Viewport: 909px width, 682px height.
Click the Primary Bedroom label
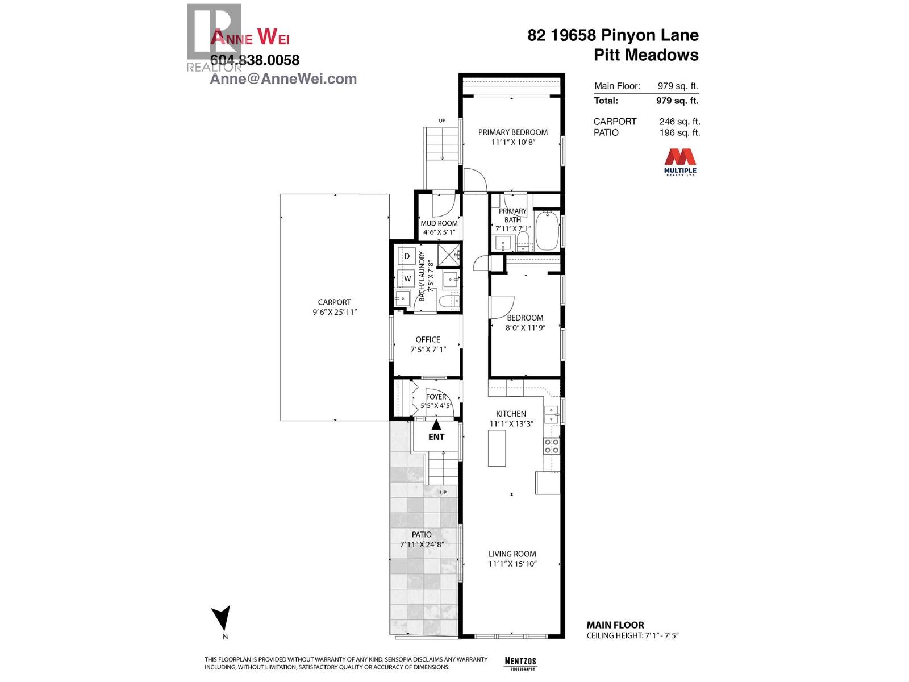click(x=512, y=132)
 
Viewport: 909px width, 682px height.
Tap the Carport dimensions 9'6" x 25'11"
click(x=335, y=312)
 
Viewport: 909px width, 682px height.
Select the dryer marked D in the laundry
click(x=407, y=256)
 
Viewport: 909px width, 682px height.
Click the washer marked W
click(x=407, y=278)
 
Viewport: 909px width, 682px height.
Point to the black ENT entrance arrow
click(x=436, y=424)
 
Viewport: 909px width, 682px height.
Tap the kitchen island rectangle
click(x=497, y=448)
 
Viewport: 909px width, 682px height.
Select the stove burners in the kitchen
click(x=551, y=446)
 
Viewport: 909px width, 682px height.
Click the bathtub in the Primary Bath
click(x=547, y=230)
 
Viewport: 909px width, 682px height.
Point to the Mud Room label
click(x=439, y=223)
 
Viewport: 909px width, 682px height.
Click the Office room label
click(x=428, y=339)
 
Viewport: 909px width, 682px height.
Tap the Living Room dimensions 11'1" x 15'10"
click(x=512, y=564)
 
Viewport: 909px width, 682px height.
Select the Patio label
click(x=422, y=534)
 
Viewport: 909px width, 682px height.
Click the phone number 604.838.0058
click(x=255, y=60)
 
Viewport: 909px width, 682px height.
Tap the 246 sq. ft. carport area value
click(x=679, y=122)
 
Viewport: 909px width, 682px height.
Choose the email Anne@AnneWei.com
click(x=283, y=79)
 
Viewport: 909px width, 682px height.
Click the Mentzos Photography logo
click(x=520, y=662)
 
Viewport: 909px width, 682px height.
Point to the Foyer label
click(x=436, y=397)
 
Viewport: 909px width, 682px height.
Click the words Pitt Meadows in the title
click(x=646, y=55)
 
